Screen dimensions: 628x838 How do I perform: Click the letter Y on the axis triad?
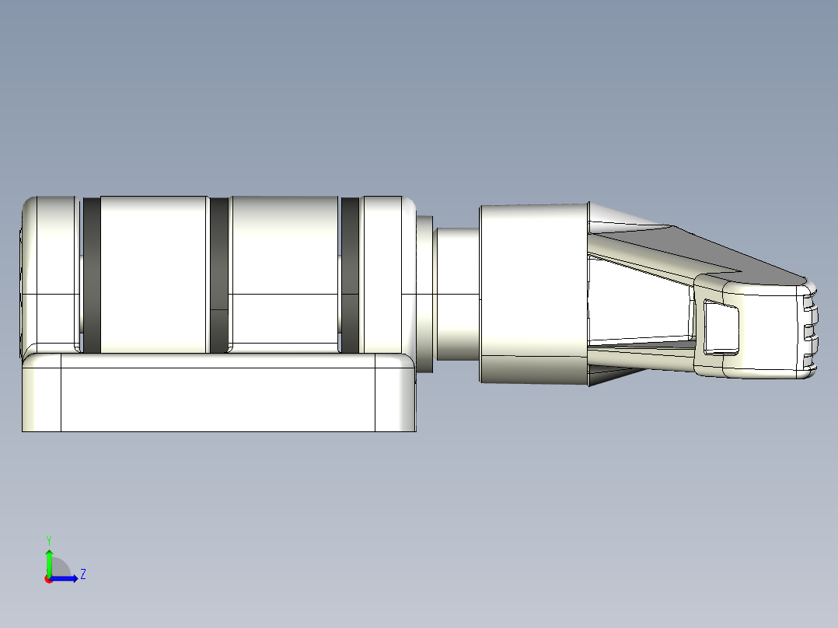click(48, 539)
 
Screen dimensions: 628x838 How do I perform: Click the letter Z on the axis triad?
click(82, 574)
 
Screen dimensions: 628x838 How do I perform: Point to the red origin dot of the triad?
click(48, 579)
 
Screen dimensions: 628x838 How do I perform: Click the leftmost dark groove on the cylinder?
click(92, 274)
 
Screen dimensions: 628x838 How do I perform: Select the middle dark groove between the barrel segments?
click(219, 274)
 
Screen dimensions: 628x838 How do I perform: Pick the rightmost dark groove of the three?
click(350, 274)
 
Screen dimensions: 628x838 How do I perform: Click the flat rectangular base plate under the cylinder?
click(218, 399)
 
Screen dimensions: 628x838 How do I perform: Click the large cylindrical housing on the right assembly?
click(532, 294)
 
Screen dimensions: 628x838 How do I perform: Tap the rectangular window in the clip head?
click(721, 327)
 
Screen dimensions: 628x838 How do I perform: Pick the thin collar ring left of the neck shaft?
click(424, 294)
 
